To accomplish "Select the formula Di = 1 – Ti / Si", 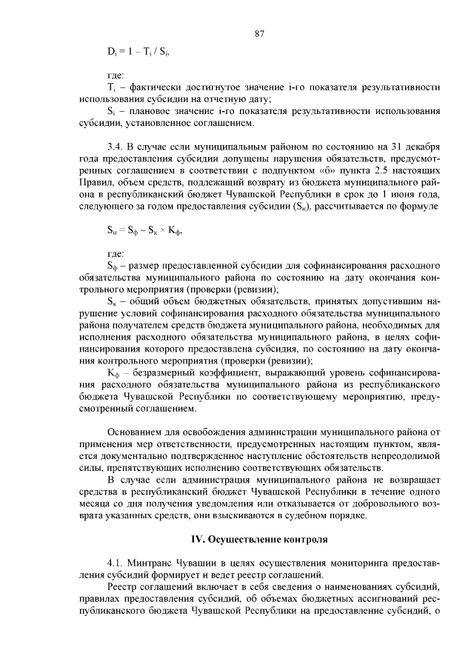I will [x=141, y=53].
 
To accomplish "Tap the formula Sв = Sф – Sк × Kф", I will [x=145, y=231].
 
